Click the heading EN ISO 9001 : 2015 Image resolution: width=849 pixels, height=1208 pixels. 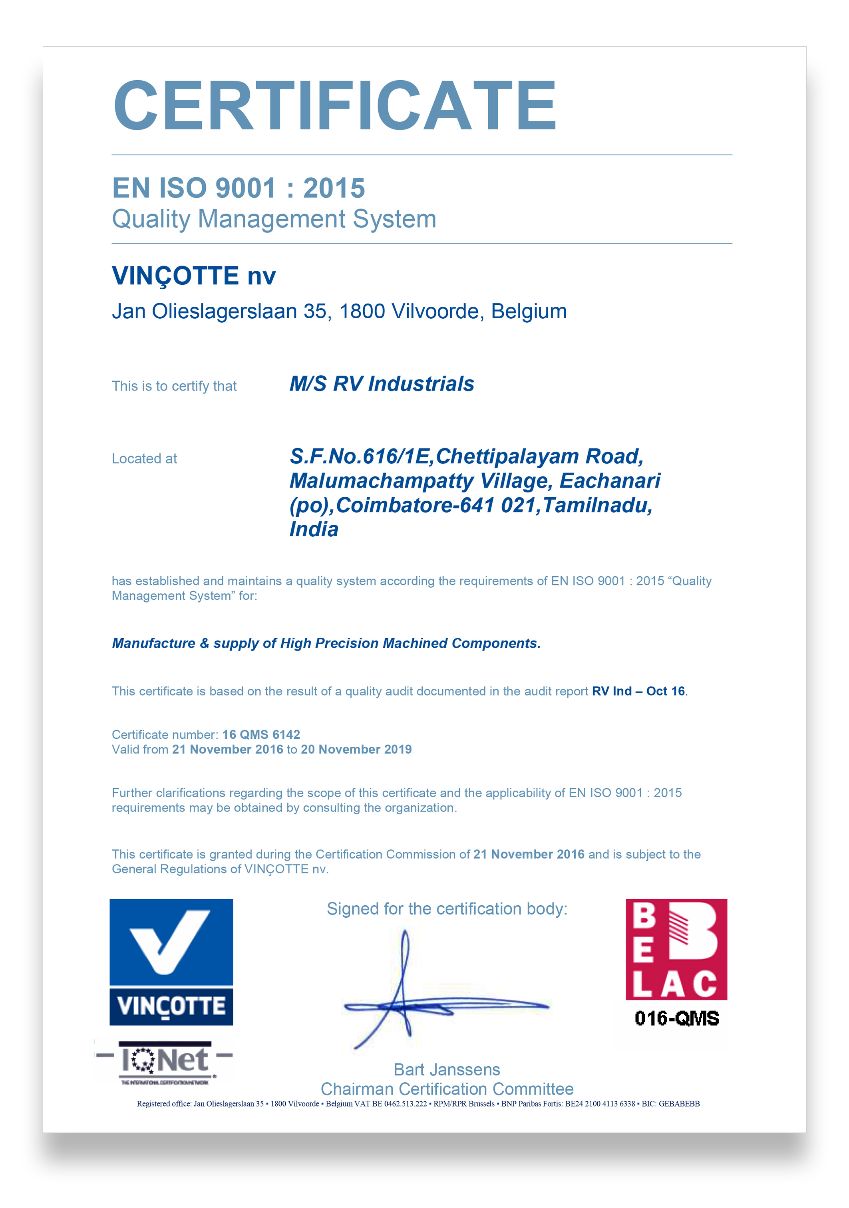coord(239,188)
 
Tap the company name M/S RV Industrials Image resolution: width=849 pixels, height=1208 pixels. coord(382,384)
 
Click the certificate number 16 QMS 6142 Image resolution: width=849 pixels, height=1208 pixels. coord(261,734)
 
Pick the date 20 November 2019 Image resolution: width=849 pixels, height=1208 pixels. coord(356,749)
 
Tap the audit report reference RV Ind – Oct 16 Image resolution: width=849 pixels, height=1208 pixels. coord(638,691)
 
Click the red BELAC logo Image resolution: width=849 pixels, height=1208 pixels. coord(676,949)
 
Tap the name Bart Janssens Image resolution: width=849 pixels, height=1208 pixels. coord(447,1069)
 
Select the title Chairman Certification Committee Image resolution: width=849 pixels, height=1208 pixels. coord(447,1089)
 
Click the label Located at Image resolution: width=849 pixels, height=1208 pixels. coord(144,459)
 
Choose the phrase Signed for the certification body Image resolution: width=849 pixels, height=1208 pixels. coord(447,908)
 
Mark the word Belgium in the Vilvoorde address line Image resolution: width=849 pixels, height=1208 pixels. coord(529,311)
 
